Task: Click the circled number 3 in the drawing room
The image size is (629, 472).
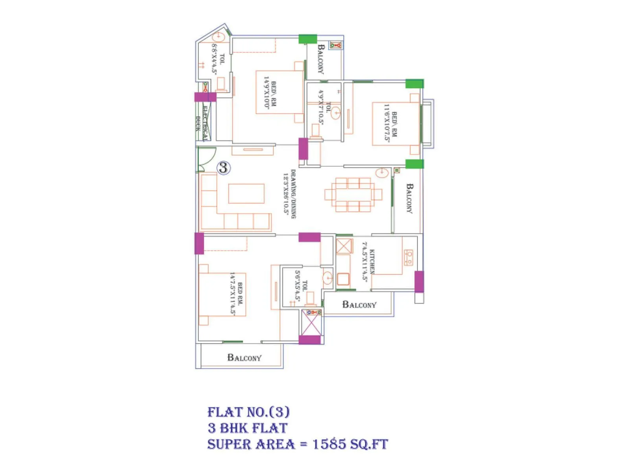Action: pos(223,168)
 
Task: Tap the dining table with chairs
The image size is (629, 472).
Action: pos(353,194)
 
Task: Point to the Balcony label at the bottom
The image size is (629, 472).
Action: pos(244,358)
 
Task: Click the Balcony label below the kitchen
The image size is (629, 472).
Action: pos(359,304)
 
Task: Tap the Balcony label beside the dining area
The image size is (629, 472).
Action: pos(409,198)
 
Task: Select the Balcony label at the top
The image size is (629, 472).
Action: pos(321,59)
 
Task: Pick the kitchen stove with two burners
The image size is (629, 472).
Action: pos(409,258)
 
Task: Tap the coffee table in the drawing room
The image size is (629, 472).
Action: pos(246,194)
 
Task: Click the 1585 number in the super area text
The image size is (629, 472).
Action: pos(330,444)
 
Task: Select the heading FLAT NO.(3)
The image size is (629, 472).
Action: pos(248,412)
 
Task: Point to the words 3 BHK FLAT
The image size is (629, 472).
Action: pos(248,428)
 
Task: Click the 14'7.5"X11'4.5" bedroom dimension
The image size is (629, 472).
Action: pos(232,293)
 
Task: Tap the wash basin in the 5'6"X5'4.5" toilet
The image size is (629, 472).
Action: pos(327,278)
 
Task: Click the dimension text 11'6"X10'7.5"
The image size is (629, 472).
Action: pos(387,123)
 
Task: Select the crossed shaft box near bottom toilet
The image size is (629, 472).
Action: pos(311,326)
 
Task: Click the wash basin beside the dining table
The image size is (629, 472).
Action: pos(382,172)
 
